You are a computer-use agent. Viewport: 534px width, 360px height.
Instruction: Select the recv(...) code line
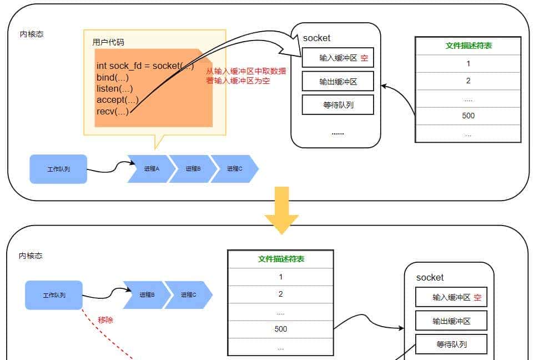click(x=113, y=111)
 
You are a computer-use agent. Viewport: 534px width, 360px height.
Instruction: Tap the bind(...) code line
click(x=113, y=77)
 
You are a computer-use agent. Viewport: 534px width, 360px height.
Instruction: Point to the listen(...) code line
click(x=115, y=88)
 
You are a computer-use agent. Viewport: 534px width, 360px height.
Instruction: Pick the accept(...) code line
click(x=117, y=100)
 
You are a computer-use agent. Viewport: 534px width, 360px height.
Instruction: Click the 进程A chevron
click(x=150, y=169)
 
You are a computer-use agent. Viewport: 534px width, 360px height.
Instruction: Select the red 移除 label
click(x=105, y=320)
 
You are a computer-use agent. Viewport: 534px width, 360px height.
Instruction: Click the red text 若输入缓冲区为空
click(x=238, y=81)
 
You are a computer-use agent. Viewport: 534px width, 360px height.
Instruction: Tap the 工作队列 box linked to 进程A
click(x=58, y=169)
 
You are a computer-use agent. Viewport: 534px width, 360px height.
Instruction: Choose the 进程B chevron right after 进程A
click(x=191, y=169)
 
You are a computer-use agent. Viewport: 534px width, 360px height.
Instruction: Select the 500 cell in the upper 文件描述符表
click(x=468, y=116)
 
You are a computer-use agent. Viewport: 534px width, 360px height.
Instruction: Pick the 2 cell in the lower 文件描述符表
click(x=281, y=294)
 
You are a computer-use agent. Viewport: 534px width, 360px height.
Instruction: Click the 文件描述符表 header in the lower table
click(x=281, y=259)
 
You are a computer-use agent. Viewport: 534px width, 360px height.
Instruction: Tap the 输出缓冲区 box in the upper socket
click(x=337, y=82)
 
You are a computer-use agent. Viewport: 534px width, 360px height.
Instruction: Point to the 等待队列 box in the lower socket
click(x=451, y=344)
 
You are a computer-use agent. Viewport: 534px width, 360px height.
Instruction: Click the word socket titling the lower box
click(x=430, y=277)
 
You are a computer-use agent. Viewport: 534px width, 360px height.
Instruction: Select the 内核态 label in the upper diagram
click(x=32, y=34)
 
